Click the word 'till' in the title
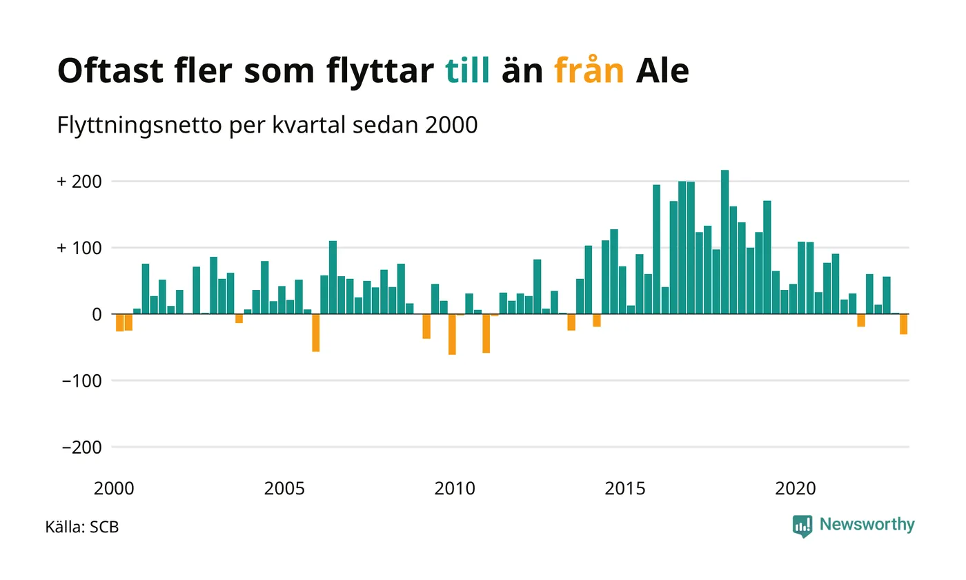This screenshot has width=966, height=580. tap(467, 70)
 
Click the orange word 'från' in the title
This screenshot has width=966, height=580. tap(589, 70)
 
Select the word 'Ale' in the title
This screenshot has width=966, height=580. tap(662, 70)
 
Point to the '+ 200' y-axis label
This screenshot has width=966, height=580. tap(79, 182)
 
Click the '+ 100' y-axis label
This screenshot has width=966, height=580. tap(79, 248)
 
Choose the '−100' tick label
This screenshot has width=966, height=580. tap(81, 380)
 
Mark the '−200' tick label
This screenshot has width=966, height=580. tap(81, 447)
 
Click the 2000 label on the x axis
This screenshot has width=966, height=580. tap(114, 489)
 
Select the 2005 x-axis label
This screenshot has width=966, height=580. tap(284, 489)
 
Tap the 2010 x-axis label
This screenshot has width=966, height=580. tap(455, 489)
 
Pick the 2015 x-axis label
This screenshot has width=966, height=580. tap(625, 489)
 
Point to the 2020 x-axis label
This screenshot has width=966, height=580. tap(796, 489)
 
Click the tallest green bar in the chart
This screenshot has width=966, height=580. tap(724, 242)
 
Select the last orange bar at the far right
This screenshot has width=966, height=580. tap(903, 324)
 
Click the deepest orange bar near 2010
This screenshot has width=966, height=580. tap(452, 334)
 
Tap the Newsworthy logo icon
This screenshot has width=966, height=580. tap(802, 526)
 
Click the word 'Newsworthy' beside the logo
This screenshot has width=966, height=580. tap(867, 525)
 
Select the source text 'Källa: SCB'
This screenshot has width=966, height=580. tap(81, 528)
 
